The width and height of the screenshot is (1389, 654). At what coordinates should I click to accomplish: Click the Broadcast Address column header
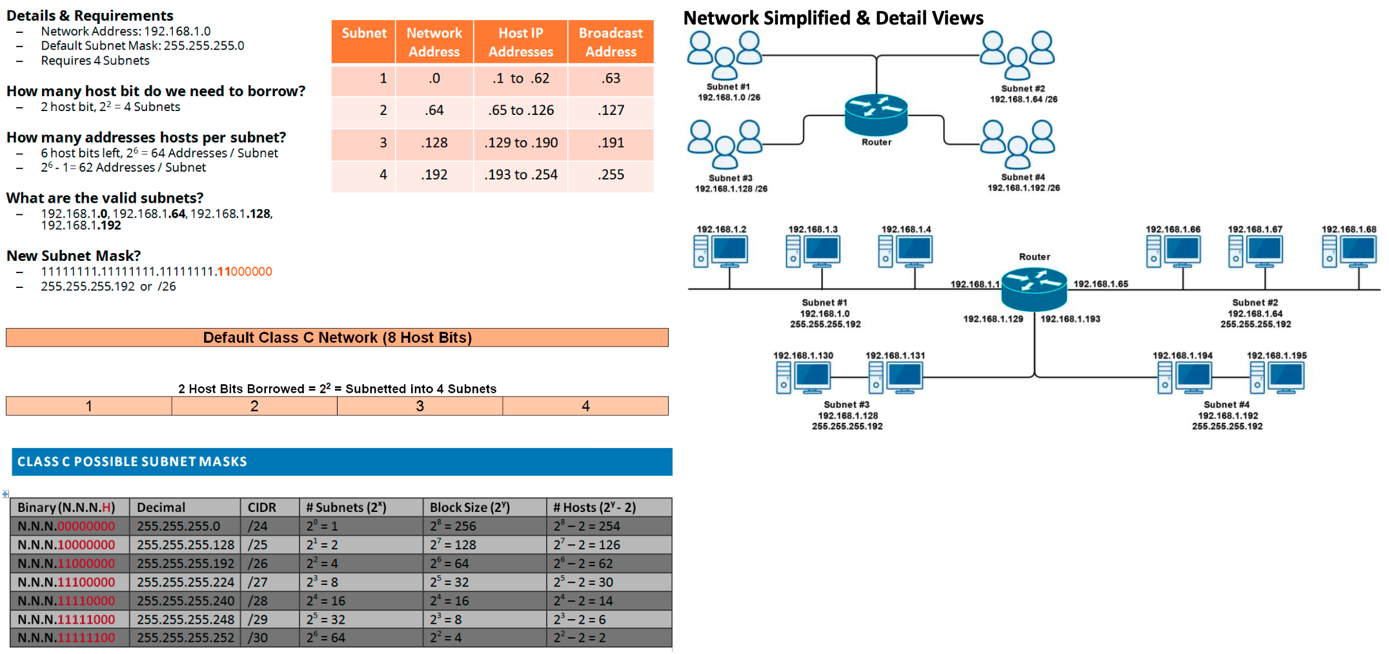(610, 42)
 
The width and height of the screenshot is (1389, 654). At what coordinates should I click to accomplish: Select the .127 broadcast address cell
(610, 110)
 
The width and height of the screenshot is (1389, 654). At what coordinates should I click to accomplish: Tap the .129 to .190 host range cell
(520, 143)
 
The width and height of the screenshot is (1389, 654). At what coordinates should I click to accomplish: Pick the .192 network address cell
(434, 175)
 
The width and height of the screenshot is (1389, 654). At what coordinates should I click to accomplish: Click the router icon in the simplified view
(876, 114)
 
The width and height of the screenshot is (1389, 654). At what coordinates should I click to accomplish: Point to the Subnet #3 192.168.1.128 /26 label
(731, 183)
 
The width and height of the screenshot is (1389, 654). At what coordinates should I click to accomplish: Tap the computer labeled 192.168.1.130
(803, 377)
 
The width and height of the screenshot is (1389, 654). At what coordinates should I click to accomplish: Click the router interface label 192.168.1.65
(1100, 284)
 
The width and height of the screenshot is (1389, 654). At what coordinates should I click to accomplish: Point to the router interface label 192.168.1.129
(993, 319)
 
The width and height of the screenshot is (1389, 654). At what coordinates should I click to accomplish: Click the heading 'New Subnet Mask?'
(74, 256)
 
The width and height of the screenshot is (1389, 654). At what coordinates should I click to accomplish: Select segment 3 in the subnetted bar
(420, 406)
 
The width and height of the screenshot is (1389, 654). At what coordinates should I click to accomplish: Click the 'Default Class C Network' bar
(337, 338)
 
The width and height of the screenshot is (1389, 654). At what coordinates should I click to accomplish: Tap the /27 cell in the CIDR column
(258, 582)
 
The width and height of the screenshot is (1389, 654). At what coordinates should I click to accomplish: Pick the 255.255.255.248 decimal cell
(185, 620)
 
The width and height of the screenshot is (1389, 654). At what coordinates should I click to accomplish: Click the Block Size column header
(470, 507)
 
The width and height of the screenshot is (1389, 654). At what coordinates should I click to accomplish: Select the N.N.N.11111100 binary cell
(66, 638)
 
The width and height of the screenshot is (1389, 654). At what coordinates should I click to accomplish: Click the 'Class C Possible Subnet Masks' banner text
(132, 462)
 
